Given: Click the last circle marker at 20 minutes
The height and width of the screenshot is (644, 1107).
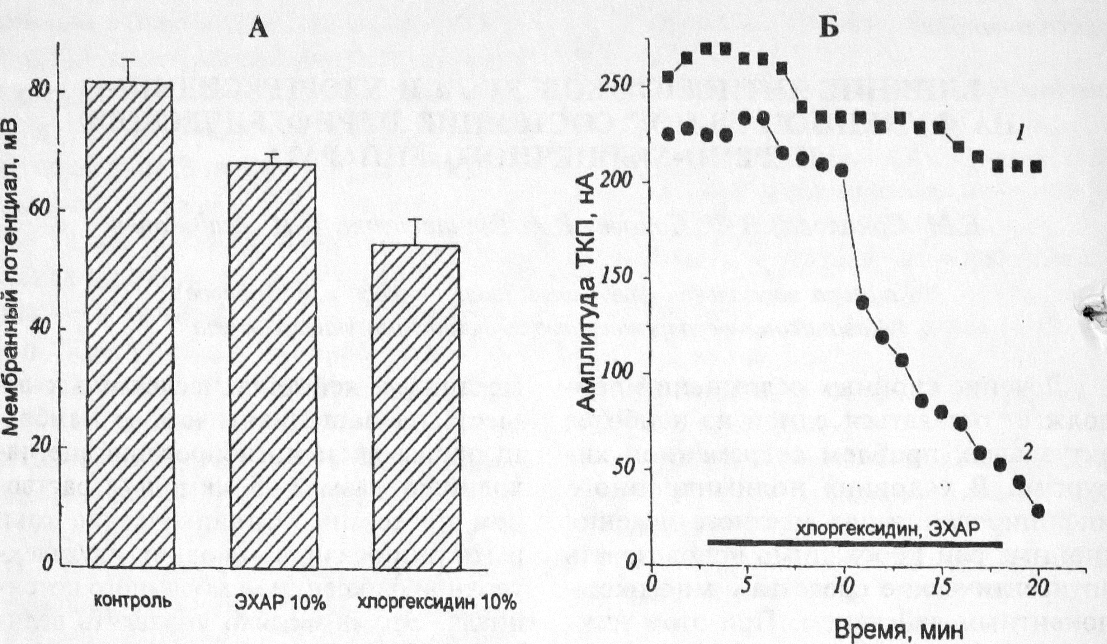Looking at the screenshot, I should tap(1038, 511).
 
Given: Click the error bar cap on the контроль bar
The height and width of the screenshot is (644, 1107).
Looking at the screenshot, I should tap(129, 59).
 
